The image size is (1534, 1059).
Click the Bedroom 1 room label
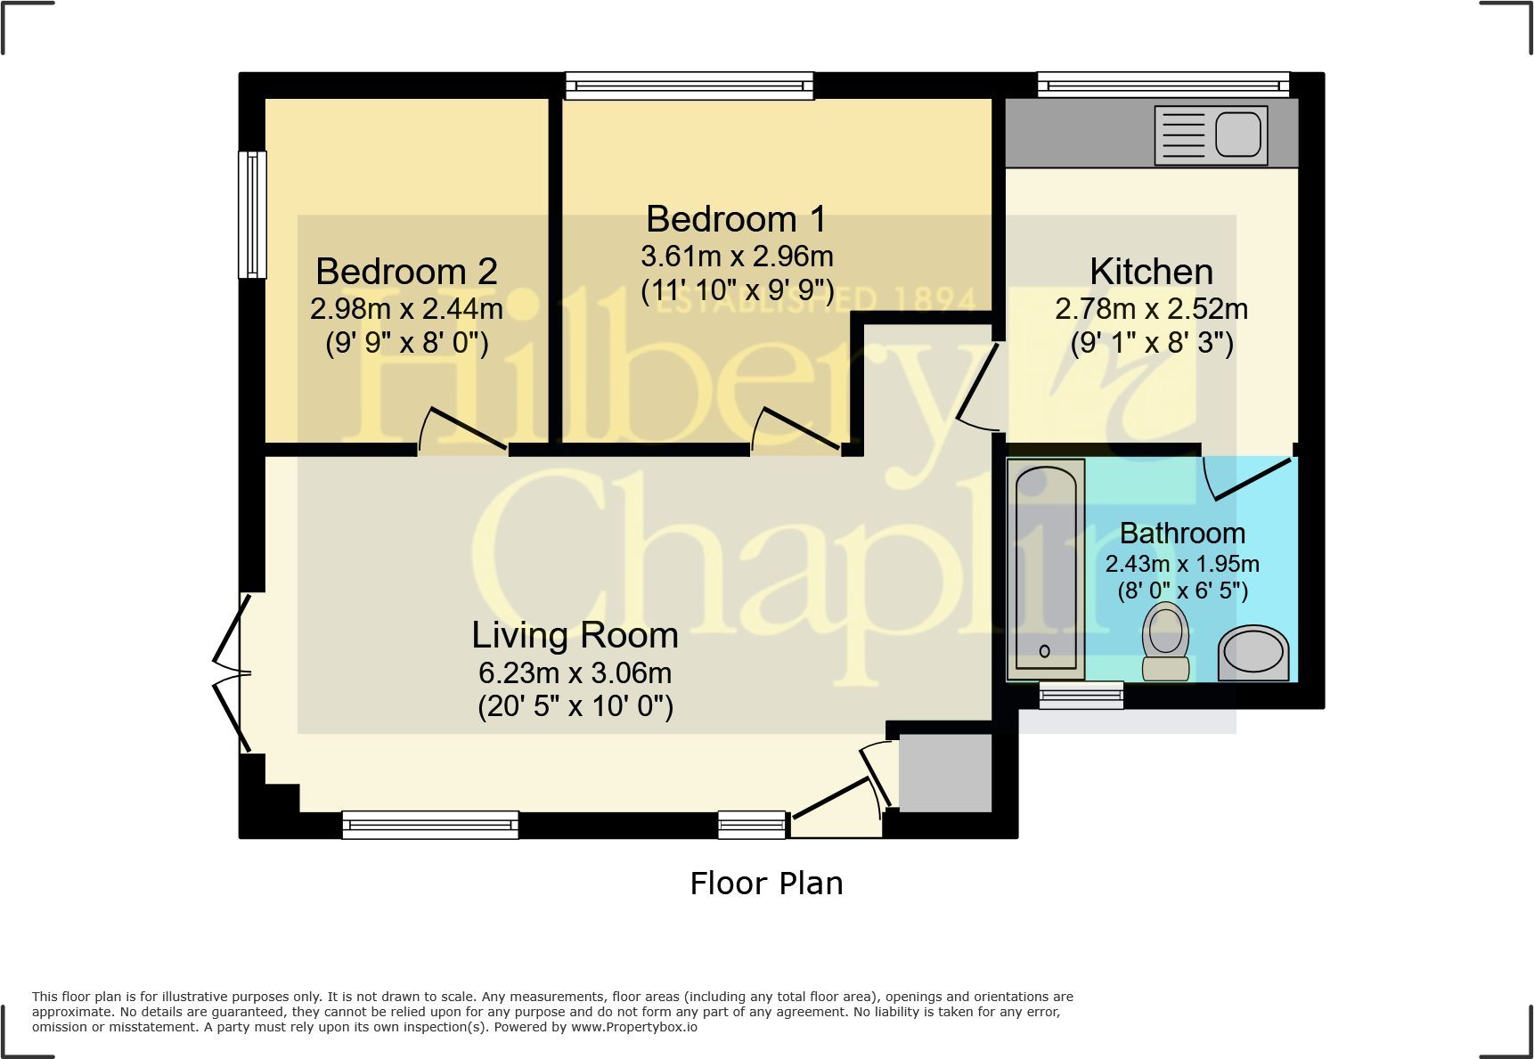[x=736, y=219]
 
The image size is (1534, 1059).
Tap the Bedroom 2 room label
[x=406, y=272]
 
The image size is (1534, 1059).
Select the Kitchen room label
[x=1151, y=272]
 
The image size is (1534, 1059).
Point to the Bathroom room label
[x=1182, y=533]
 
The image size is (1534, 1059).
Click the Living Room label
[x=575, y=635]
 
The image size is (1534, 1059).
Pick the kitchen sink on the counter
[x=1212, y=135]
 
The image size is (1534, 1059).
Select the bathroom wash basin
[x=1253, y=654]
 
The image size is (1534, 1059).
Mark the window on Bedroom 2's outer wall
[x=252, y=214]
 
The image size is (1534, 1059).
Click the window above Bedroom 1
[x=689, y=85]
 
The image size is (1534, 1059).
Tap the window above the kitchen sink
[x=1163, y=85]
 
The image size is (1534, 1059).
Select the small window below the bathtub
[x=1081, y=695]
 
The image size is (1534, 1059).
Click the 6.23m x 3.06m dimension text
[x=575, y=673]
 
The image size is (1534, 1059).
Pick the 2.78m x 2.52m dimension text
[x=1151, y=309]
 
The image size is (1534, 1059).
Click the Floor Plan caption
[x=766, y=884]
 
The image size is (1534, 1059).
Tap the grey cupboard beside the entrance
[x=944, y=772]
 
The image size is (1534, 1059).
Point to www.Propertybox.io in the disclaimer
[x=634, y=1027]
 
